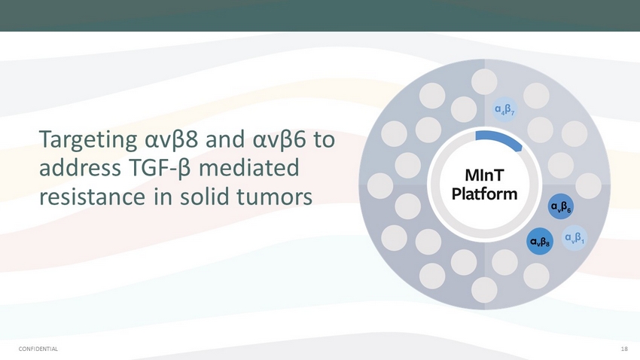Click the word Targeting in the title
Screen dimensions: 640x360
tap(88, 140)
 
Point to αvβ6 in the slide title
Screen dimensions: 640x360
tap(279, 140)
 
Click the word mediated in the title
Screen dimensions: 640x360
tap(249, 168)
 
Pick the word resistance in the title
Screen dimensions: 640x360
tap(93, 197)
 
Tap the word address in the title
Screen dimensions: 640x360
tap(80, 168)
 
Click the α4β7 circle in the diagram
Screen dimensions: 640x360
tap(504, 109)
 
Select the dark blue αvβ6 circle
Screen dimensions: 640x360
tap(561, 206)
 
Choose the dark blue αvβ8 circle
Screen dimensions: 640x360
tap(540, 241)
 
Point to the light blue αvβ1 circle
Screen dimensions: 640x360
tap(574, 237)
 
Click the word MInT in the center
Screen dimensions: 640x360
tap(484, 175)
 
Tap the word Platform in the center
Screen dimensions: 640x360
tap(484, 194)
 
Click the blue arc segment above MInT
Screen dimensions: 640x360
tap(501, 138)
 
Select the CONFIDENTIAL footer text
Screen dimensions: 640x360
tap(38, 349)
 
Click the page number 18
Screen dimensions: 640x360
tap(624, 349)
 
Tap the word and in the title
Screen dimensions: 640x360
tap(226, 139)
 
